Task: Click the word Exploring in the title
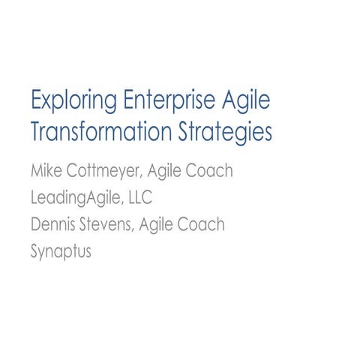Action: coord(64,102)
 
